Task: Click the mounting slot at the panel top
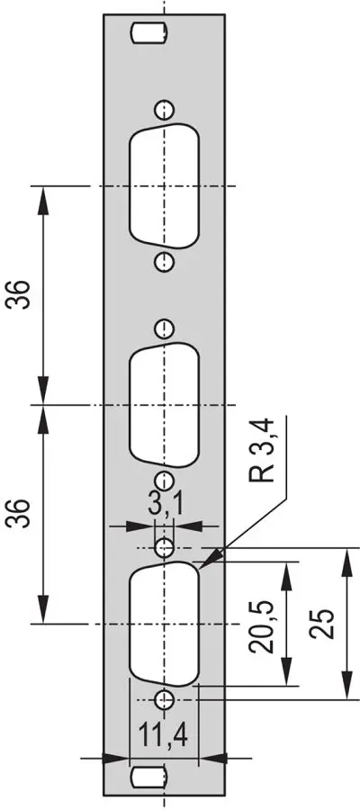[149, 33]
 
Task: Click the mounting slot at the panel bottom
[149, 777]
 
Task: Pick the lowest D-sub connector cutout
[164, 624]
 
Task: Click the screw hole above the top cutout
[164, 110]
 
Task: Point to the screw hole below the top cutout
[164, 261]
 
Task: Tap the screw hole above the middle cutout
[164, 328]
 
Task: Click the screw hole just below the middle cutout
[164, 481]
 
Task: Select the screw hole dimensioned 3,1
[164, 547]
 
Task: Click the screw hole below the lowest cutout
[164, 699]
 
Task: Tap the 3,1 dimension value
[166, 505]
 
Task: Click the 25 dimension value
[323, 624]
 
